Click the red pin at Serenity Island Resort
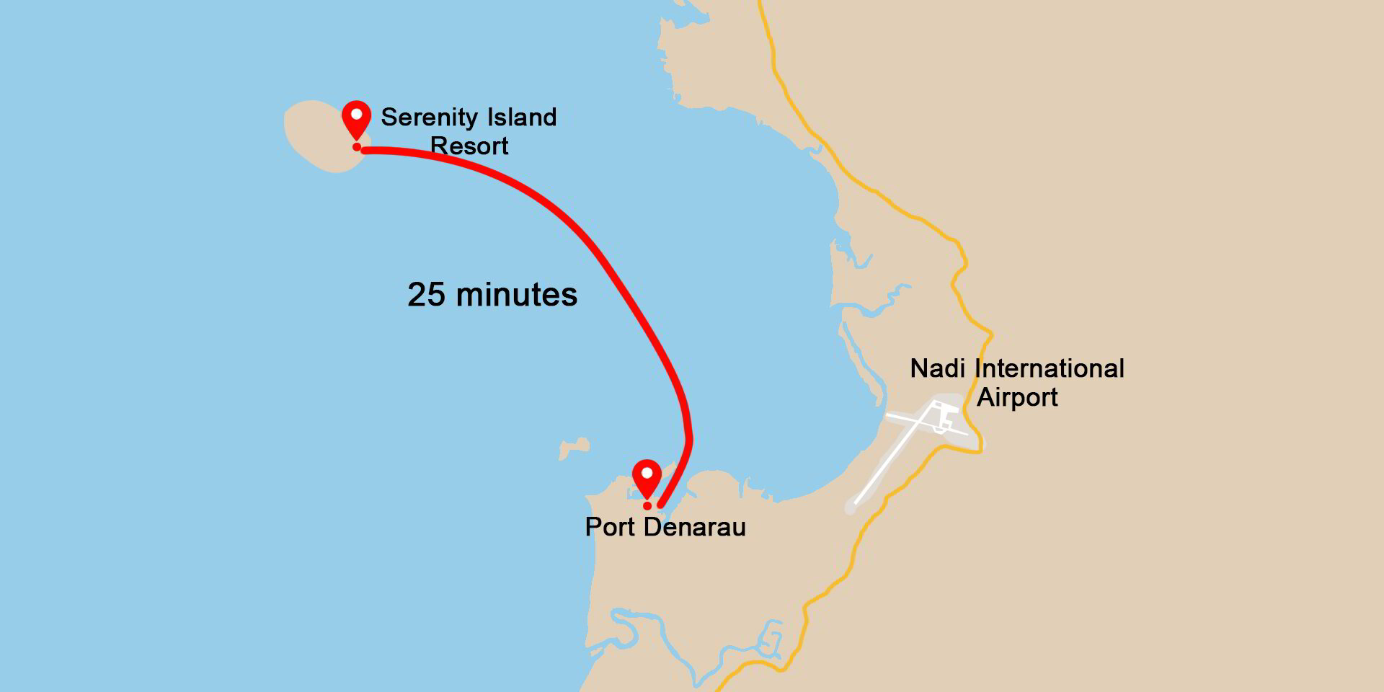click(x=356, y=117)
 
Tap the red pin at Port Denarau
click(x=647, y=476)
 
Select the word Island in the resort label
click(x=522, y=117)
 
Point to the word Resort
click(x=469, y=146)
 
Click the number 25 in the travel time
click(x=426, y=295)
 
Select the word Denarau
click(x=695, y=527)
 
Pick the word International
click(x=1050, y=368)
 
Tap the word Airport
click(x=1017, y=397)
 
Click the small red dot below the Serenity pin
click(x=357, y=147)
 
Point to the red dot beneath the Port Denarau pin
click(x=647, y=506)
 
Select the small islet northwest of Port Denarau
click(x=572, y=448)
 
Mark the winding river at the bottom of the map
click(x=634, y=627)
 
